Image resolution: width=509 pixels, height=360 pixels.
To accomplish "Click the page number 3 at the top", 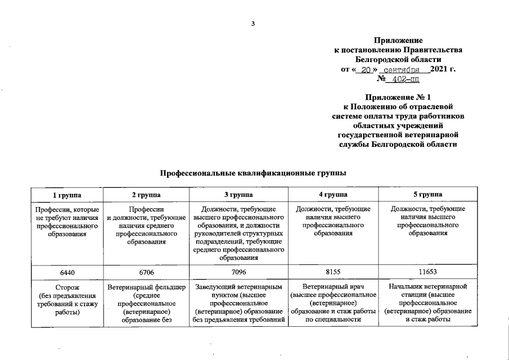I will tap(254, 23).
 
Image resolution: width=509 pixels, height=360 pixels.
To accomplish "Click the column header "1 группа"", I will tap(66, 195).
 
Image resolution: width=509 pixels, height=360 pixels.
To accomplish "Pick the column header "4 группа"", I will tap(332, 195).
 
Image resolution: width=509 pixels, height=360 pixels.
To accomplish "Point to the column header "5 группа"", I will tap(427, 195).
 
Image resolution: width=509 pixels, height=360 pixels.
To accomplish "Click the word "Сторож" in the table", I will tap(66, 288).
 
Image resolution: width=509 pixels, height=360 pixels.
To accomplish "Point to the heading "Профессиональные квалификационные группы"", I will tap(253, 173).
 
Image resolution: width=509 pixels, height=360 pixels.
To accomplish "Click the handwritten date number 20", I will tap(366, 70).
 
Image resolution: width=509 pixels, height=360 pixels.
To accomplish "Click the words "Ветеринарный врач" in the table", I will tap(332, 288).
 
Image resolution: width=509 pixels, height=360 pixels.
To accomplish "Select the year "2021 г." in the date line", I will tap(443, 70).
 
